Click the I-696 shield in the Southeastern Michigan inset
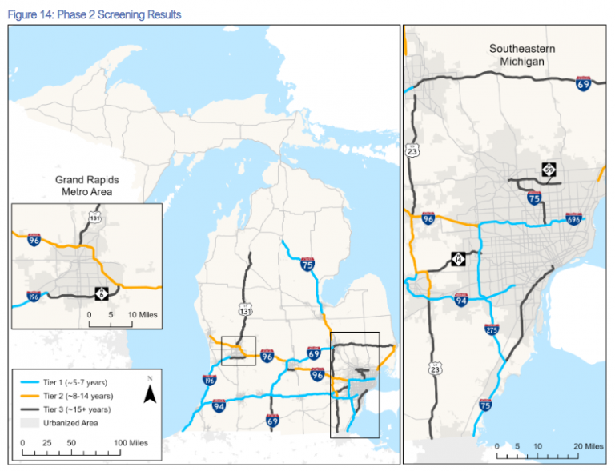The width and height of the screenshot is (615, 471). pos(573,218)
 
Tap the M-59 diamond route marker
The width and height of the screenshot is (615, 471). pos(549,170)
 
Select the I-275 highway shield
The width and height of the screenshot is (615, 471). pos(491,328)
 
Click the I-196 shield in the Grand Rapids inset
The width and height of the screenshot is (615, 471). pos(34,296)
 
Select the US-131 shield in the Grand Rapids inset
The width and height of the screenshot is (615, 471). pos(95,218)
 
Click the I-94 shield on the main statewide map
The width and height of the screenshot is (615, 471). pos(219,407)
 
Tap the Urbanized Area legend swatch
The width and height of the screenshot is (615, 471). pos(30,422)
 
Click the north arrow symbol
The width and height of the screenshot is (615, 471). pos(148,391)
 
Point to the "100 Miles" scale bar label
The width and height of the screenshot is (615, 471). pos(131,442)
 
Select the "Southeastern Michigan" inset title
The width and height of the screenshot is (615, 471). pos(522,56)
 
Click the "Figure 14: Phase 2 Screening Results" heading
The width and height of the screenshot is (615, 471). pos(94,14)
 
